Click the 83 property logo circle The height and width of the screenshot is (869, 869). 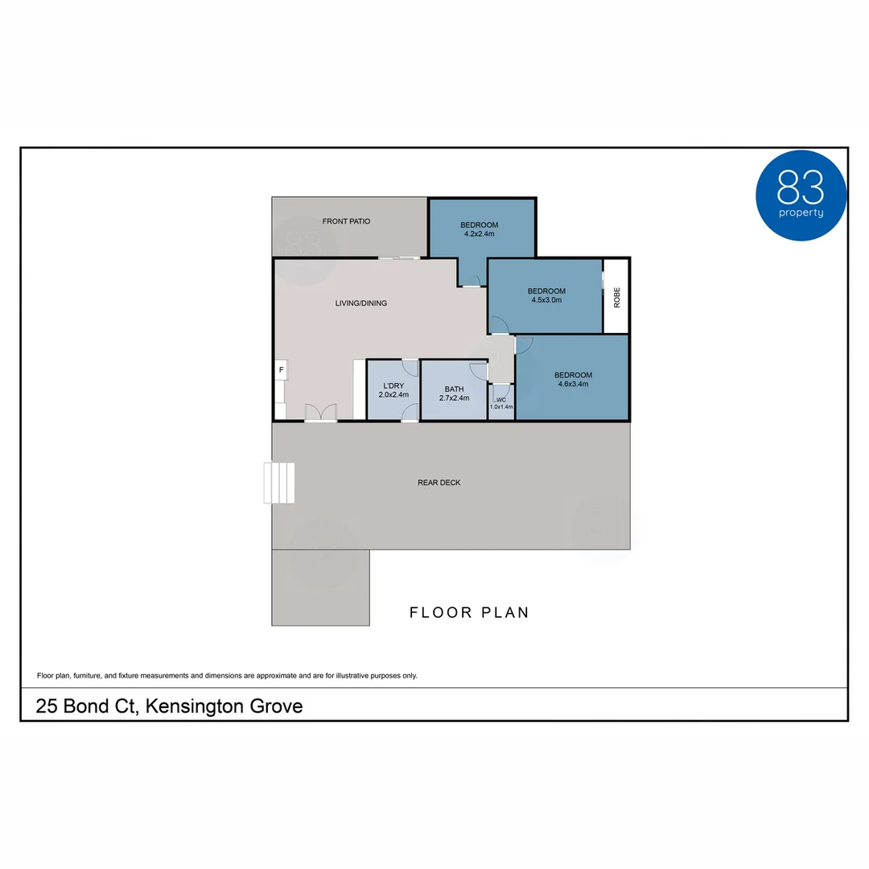point(801,196)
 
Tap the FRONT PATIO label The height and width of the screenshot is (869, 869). point(346,221)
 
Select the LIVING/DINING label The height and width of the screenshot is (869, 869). point(360,303)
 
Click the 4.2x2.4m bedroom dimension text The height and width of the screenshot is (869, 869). point(479,234)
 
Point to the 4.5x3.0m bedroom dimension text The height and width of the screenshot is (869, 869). point(546,300)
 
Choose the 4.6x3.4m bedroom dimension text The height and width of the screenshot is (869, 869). point(573,384)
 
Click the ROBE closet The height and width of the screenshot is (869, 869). point(616,296)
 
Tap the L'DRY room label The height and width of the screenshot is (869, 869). point(393,386)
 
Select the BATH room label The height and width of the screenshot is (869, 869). point(454,389)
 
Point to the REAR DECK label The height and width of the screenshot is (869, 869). point(439,483)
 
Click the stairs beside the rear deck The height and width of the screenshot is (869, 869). point(279,483)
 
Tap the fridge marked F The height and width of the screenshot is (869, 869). point(282,370)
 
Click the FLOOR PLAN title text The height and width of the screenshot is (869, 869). point(469,613)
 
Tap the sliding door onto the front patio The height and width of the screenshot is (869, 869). point(399,257)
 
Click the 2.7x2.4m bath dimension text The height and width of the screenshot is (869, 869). point(454,397)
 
